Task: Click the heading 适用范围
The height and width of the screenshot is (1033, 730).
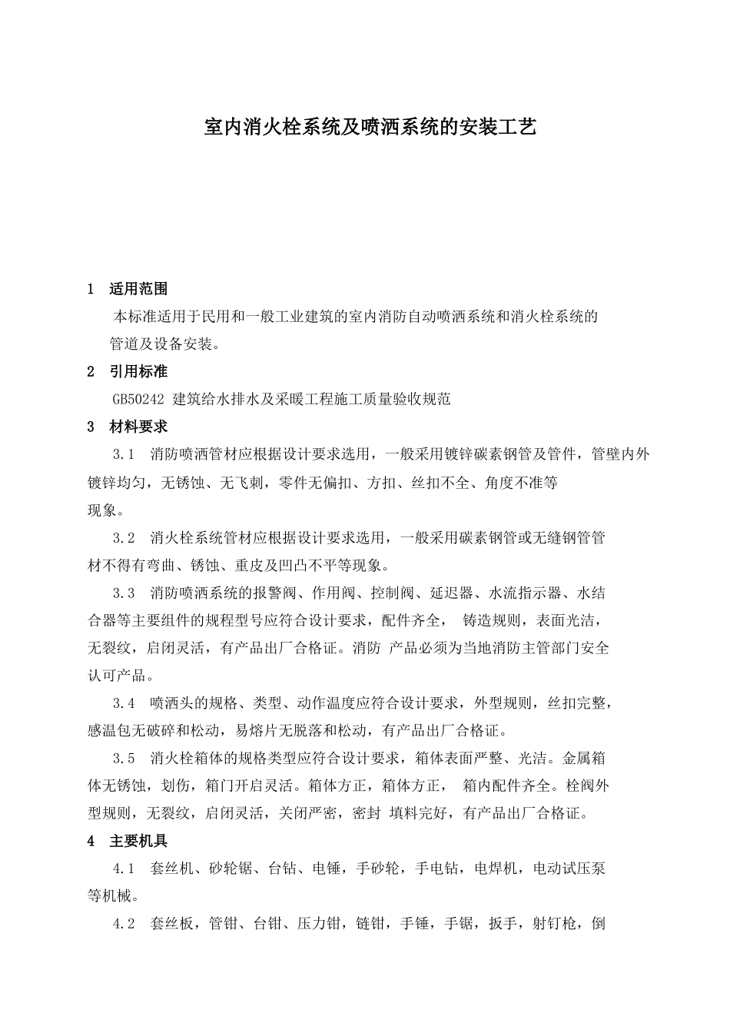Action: (x=138, y=289)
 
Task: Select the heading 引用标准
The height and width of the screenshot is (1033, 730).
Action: (x=138, y=372)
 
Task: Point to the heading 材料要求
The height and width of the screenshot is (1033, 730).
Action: (x=138, y=427)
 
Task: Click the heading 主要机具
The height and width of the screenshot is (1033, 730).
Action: (x=138, y=842)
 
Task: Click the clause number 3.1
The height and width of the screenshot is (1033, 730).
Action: (x=124, y=454)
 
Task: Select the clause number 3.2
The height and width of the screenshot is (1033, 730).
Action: (x=124, y=538)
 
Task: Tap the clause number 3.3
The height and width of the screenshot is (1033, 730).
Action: (x=124, y=593)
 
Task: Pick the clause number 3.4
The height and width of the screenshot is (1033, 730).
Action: (x=124, y=703)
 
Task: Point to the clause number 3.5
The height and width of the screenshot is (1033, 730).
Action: (x=124, y=759)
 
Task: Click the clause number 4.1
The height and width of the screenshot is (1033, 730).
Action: (x=124, y=869)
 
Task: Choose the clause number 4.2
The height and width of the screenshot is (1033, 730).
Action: (x=124, y=924)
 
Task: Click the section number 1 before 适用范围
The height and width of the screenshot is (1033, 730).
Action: (x=91, y=289)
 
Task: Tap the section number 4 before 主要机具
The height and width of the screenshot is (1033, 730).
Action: (x=91, y=842)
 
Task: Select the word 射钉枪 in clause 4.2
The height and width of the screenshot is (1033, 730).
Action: (x=553, y=924)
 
